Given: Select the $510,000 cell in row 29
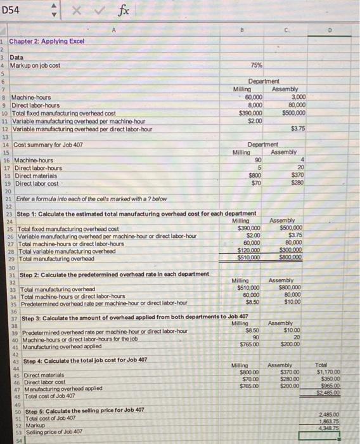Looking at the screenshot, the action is (x=249, y=258).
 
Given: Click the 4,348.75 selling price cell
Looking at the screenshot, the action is (x=330, y=429).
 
